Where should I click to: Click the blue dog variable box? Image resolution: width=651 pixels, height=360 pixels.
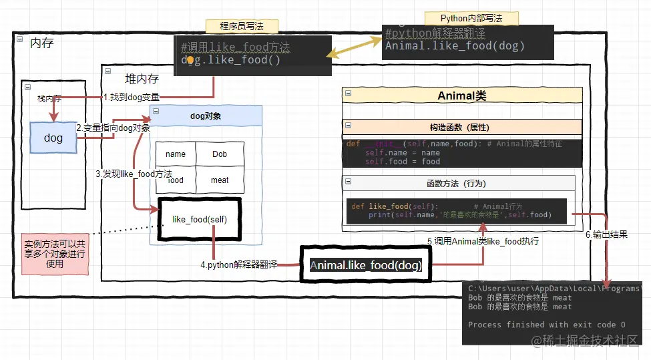pyautogui.click(x=53, y=138)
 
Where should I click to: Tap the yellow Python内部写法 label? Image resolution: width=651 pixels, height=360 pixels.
pyautogui.click(x=471, y=18)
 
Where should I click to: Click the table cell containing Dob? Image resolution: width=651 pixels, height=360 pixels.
pyautogui.click(x=220, y=154)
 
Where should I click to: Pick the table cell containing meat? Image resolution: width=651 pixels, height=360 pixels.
pyautogui.click(x=220, y=180)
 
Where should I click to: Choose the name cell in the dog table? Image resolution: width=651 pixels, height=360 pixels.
pyautogui.click(x=176, y=154)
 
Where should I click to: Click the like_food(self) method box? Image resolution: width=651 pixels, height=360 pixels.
pyautogui.click(x=199, y=219)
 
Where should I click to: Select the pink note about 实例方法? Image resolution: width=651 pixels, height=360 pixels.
pyautogui.click(x=55, y=254)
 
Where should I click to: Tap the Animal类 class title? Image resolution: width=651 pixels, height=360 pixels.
pyautogui.click(x=462, y=96)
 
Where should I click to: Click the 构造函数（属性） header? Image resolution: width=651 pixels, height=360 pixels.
pyautogui.click(x=462, y=127)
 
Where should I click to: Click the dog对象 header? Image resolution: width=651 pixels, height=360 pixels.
pyautogui.click(x=206, y=116)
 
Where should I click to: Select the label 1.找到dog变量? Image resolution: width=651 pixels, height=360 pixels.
pyautogui.click(x=132, y=97)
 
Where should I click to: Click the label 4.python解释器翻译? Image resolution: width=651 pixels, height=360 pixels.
pyautogui.click(x=238, y=264)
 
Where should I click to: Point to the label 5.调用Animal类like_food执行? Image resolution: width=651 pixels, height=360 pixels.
pyautogui.click(x=483, y=241)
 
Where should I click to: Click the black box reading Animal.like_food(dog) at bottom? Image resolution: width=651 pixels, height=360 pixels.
pyautogui.click(x=366, y=265)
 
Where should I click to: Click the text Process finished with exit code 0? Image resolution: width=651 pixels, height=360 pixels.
pyautogui.click(x=546, y=325)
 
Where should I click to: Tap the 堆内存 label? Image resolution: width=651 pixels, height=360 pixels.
pyautogui.click(x=142, y=79)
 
